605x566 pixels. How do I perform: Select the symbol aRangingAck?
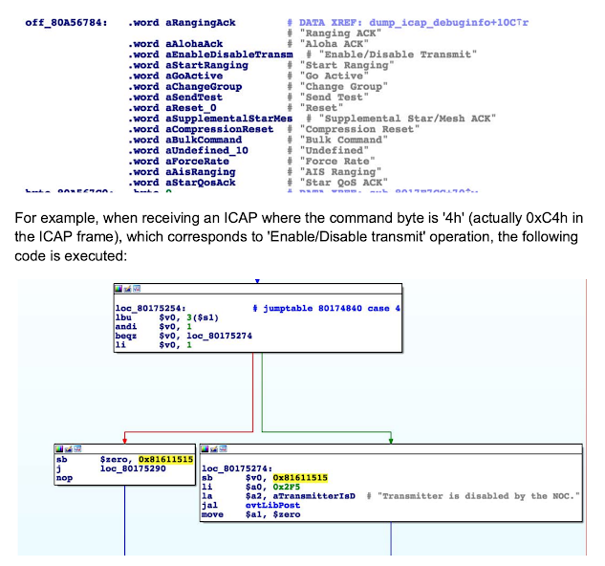pos(204,20)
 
